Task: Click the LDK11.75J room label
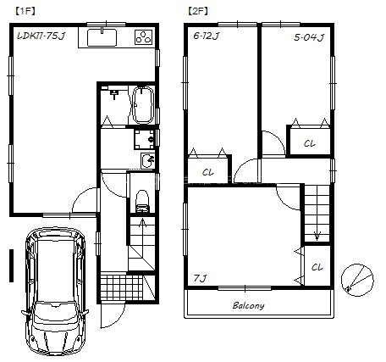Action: [41, 36]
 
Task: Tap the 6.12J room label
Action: [207, 36]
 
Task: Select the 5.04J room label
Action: [309, 37]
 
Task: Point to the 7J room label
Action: [200, 279]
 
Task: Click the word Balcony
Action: [248, 305]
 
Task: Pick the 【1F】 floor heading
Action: [25, 11]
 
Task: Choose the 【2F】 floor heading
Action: [198, 11]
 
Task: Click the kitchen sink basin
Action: [102, 37]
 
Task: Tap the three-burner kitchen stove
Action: [144, 37]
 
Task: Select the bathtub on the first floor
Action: [143, 105]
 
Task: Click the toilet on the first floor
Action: [142, 201]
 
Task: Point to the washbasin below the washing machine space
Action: [147, 161]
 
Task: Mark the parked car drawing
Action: [55, 291]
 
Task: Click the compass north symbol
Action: [357, 280]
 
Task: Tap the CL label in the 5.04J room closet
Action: [309, 143]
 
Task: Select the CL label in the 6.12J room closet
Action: [208, 172]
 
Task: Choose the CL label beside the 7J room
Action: [317, 267]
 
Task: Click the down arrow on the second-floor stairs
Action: [317, 236]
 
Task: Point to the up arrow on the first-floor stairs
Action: [142, 223]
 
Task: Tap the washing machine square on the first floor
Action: [144, 139]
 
